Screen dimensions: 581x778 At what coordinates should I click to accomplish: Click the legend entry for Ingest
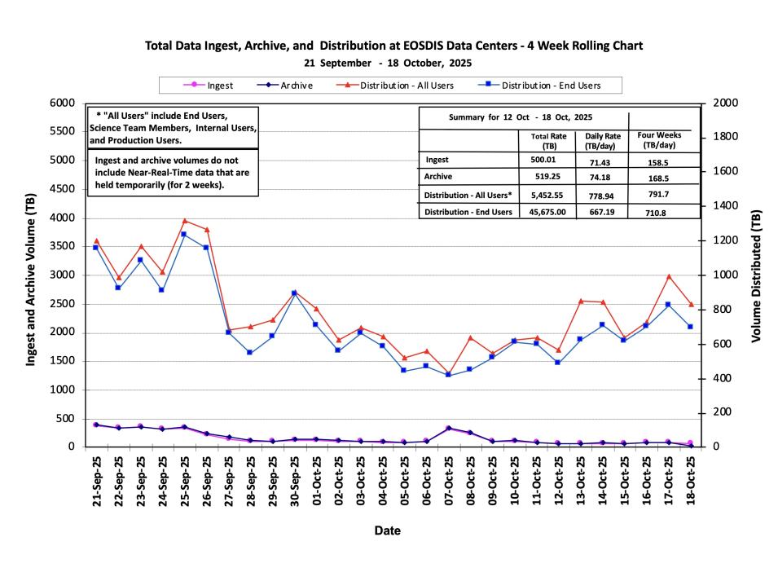(209, 86)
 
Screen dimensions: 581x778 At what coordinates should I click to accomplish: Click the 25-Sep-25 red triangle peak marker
(185, 221)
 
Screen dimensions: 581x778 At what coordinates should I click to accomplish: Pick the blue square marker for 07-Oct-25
(448, 375)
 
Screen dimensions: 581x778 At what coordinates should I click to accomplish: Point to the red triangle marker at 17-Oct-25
(668, 277)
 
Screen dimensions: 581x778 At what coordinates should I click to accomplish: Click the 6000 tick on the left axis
(63, 103)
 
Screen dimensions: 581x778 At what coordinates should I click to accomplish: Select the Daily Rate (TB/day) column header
(602, 140)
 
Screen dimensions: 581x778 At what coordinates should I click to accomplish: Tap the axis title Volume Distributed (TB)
(757, 275)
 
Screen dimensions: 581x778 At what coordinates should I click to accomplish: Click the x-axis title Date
(388, 530)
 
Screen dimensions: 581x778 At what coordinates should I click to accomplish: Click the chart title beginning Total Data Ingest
(393, 46)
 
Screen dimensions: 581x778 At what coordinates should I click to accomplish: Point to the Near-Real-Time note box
(172, 173)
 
